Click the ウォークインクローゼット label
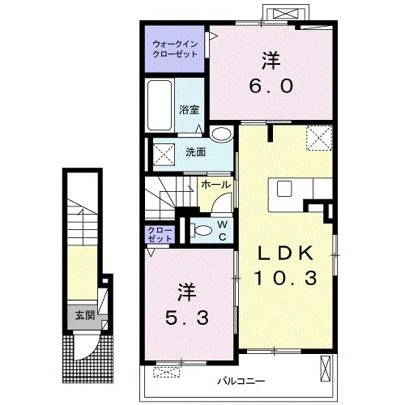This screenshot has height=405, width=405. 175,49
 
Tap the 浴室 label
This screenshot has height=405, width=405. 190,110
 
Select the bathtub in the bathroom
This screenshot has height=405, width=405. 160,105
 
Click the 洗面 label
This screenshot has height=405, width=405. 196,152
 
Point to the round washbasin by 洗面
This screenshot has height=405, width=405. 222,134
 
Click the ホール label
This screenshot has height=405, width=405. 215,185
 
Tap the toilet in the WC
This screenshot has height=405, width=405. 202,231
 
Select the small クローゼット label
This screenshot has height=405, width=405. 160,234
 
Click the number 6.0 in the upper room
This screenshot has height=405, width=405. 271,87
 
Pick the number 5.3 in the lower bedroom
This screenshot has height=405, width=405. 187,318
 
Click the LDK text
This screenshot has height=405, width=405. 286,254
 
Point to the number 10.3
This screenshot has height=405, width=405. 286,278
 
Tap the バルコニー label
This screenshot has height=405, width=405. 241,382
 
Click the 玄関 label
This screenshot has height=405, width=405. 85,315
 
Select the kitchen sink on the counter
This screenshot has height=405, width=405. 284,189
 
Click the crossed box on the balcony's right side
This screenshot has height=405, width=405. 326,369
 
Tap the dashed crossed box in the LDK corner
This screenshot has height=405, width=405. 319,138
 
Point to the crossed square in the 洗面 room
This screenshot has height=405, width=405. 164,154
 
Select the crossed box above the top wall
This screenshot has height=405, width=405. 286,13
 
